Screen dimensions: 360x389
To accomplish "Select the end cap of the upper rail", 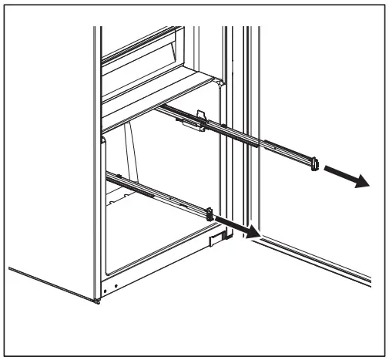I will [x=314, y=164].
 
